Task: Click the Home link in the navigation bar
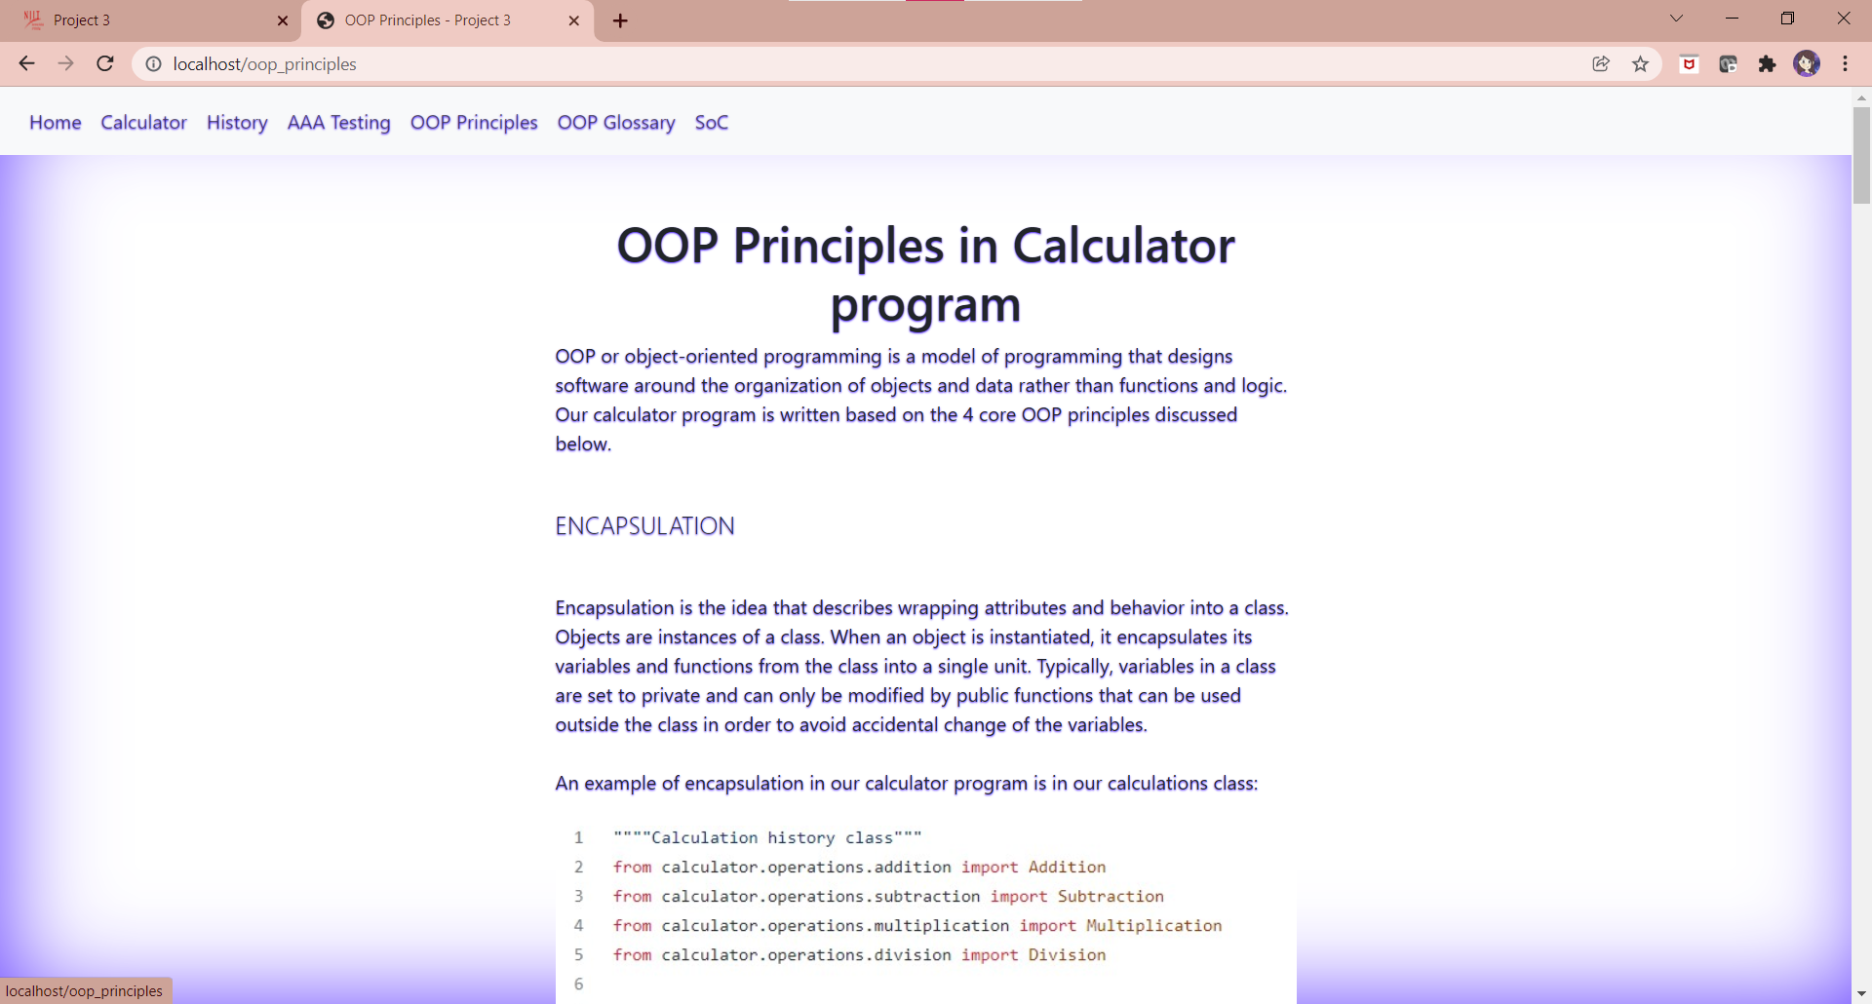click(56, 123)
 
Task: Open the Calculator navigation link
click(143, 123)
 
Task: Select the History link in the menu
click(237, 123)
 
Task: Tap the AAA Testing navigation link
click(338, 123)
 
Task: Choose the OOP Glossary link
click(616, 123)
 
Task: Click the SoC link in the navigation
click(712, 123)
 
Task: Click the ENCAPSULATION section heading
click(644, 526)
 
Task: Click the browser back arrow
click(26, 64)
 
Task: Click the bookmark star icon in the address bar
click(1641, 64)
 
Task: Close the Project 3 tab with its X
click(283, 20)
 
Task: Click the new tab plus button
click(620, 20)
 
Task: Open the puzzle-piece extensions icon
click(1767, 64)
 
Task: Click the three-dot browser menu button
click(1846, 64)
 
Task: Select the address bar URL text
click(264, 64)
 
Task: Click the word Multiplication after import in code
click(1153, 926)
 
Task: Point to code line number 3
click(578, 897)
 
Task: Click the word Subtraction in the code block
click(1111, 897)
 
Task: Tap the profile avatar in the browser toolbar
click(1807, 64)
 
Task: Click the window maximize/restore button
click(1787, 19)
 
